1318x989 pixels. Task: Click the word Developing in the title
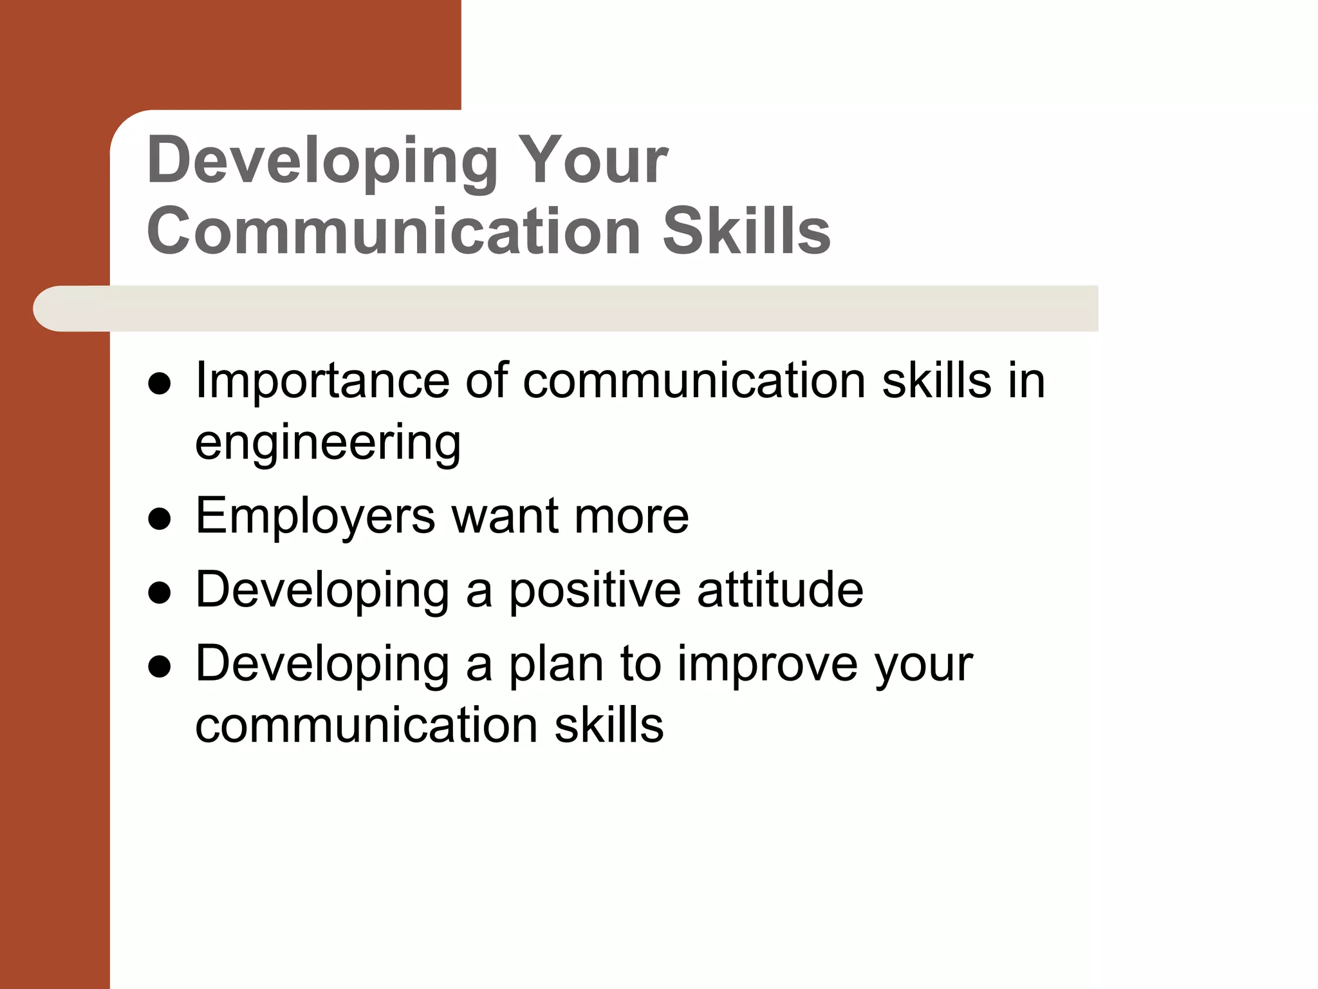(x=322, y=161)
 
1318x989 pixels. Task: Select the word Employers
(x=315, y=517)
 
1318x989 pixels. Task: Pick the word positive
(x=595, y=591)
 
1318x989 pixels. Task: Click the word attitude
(x=780, y=590)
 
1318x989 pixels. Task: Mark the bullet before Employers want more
(x=159, y=519)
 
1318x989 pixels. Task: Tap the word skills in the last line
(x=609, y=725)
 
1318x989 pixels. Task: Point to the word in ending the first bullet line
(x=1026, y=381)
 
